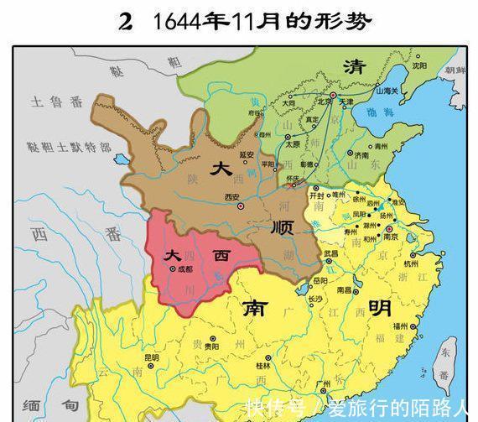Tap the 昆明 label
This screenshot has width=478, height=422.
click(150, 357)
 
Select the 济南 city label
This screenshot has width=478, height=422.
click(361, 155)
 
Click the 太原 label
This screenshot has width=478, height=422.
click(293, 143)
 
